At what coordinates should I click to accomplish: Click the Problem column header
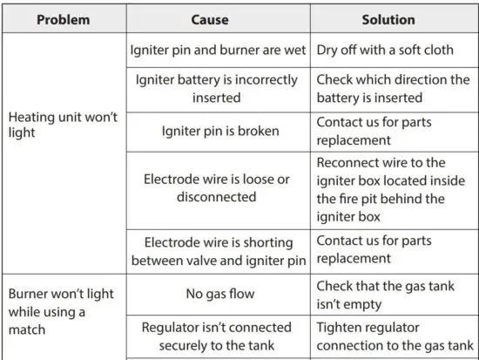click(64, 19)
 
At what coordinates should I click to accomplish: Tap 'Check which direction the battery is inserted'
click(393, 88)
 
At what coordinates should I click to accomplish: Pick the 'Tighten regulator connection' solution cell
click(393, 336)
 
